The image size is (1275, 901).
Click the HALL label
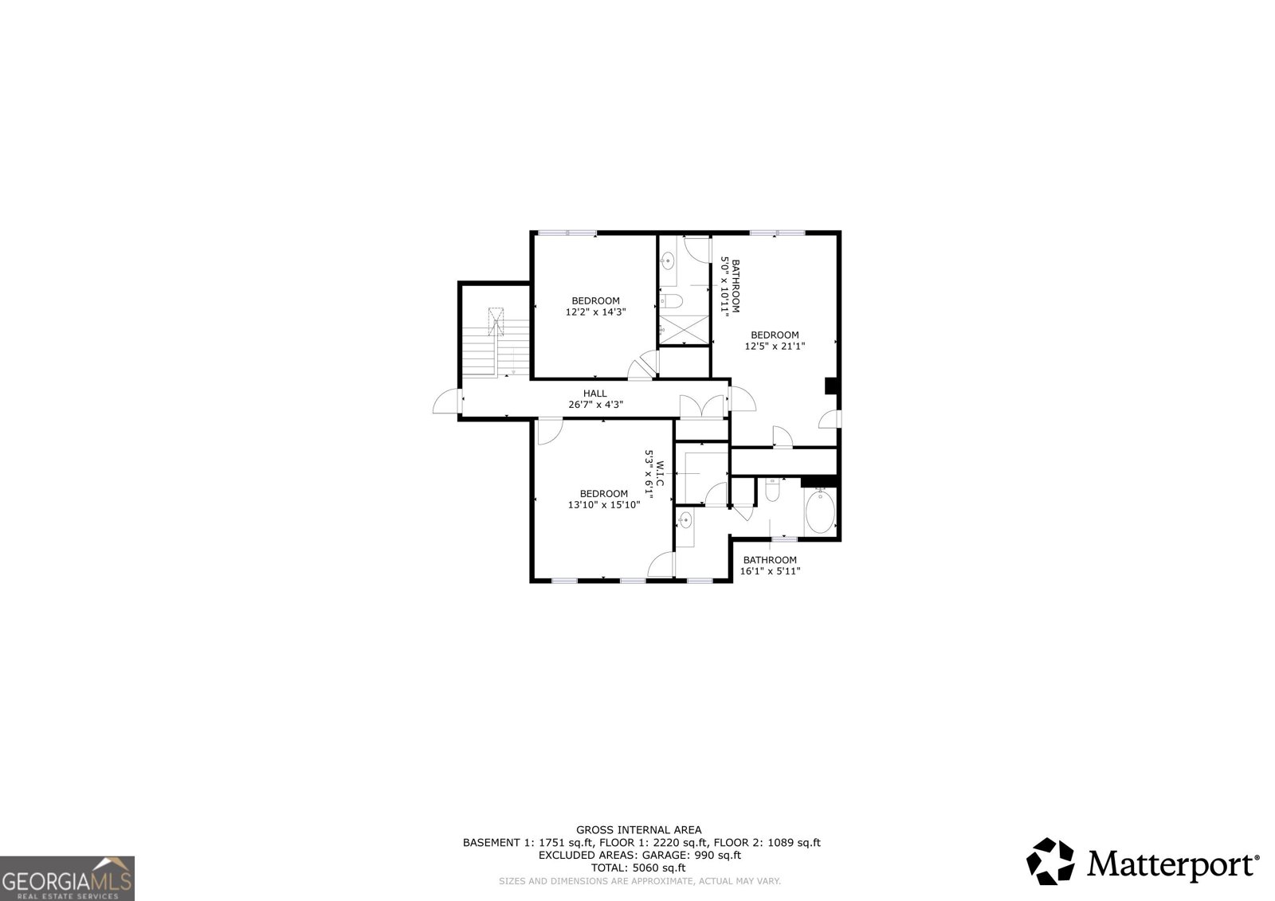point(594,394)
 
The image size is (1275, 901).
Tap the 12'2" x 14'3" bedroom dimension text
point(595,312)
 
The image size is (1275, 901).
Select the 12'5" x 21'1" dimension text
point(775,346)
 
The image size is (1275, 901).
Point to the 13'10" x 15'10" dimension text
point(604,505)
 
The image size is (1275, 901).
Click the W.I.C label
point(661,473)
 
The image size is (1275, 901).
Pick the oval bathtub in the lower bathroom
point(820,511)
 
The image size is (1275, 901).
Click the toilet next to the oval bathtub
point(772,489)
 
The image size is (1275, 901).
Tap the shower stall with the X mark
point(684,329)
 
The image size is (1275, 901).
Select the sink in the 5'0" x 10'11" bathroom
point(667,262)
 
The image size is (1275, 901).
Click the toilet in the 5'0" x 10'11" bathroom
point(671,300)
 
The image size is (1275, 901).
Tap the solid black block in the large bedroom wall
point(831,386)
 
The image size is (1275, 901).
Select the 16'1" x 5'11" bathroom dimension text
point(770,571)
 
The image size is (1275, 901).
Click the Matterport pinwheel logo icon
point(1050,861)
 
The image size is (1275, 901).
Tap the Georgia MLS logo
point(67,878)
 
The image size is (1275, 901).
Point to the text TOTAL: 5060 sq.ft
point(638,868)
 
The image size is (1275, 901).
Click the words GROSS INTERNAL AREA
point(638,830)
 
